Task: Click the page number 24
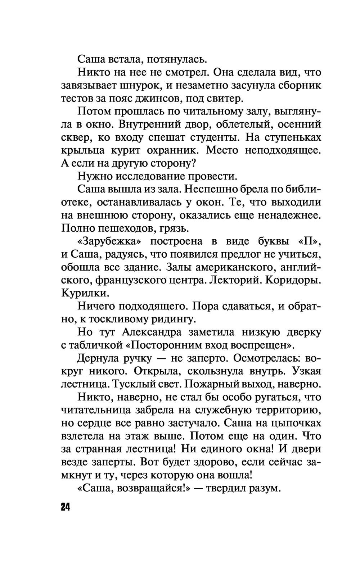point(65,507)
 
